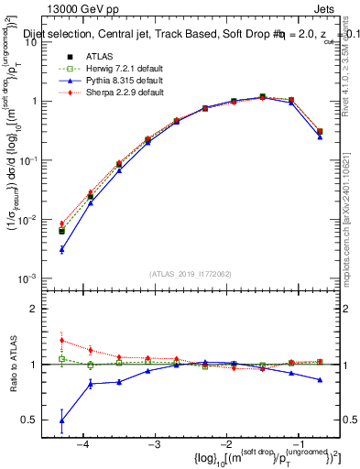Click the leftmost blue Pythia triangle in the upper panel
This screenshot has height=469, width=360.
pyautogui.click(x=61, y=249)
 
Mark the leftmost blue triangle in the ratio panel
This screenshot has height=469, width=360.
pyautogui.click(x=61, y=421)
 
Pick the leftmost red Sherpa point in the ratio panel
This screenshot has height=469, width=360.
pyautogui.click(x=61, y=340)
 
